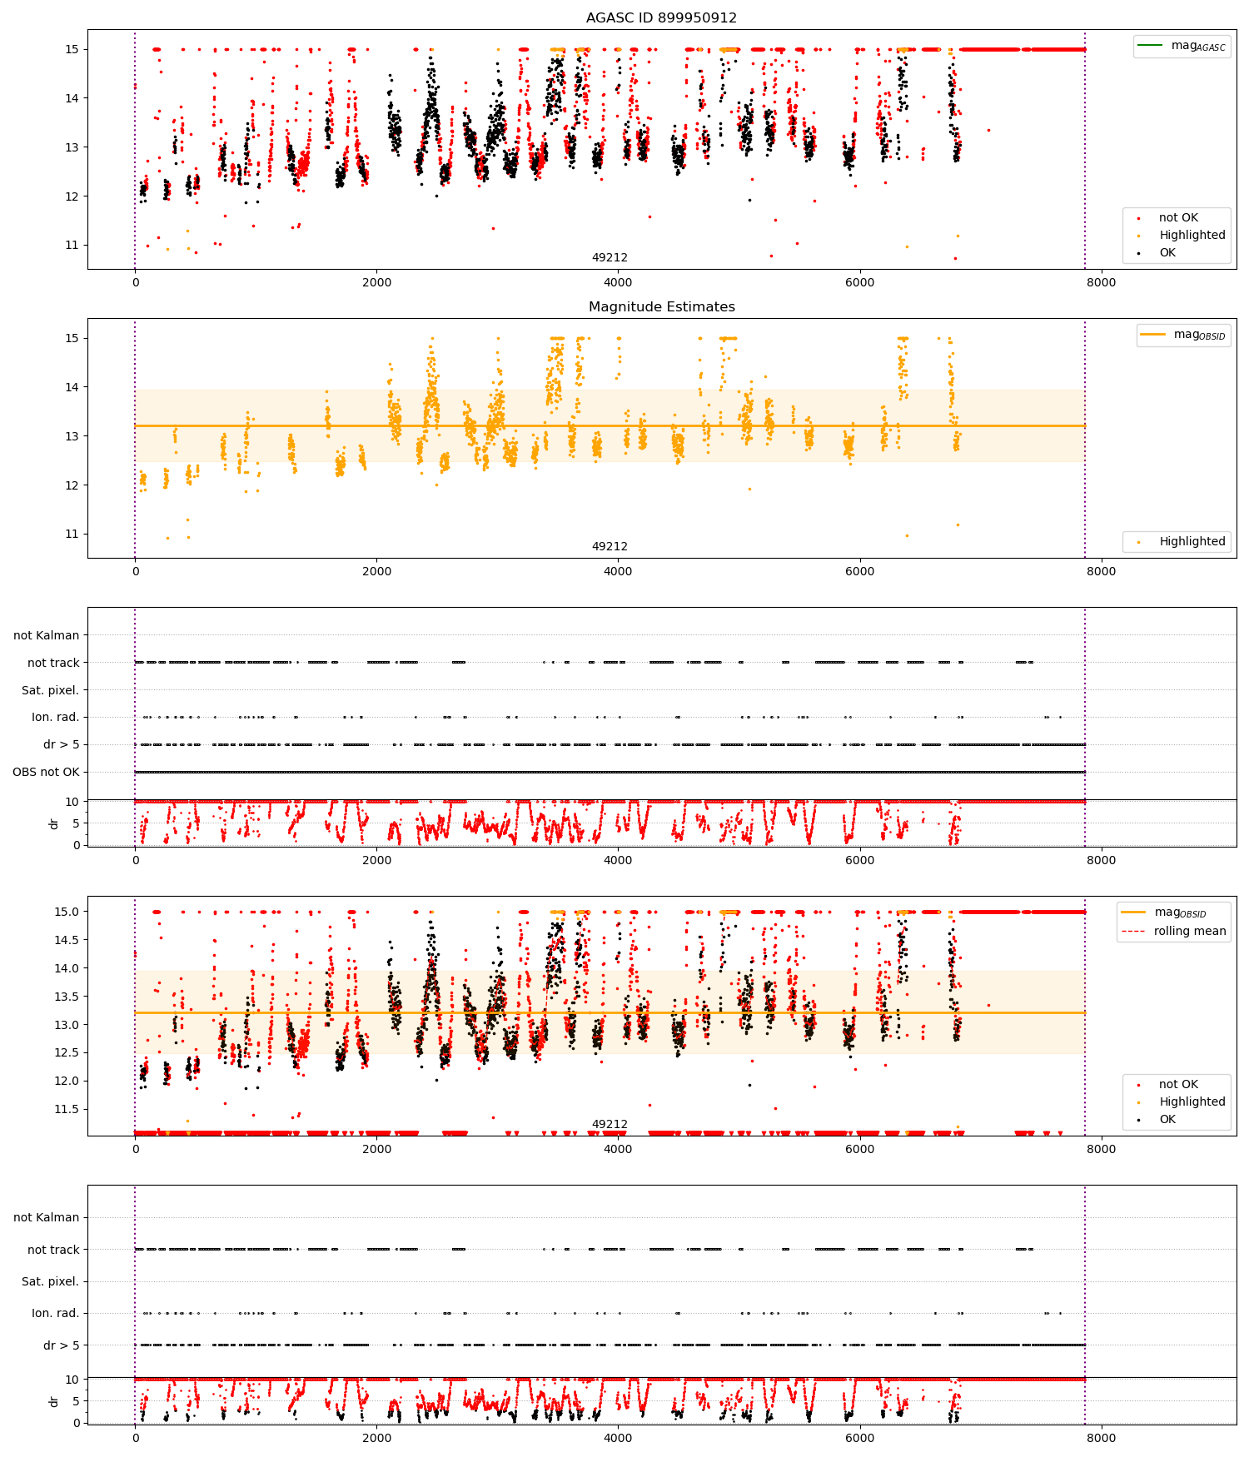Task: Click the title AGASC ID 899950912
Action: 661,17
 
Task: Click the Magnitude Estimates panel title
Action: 661,306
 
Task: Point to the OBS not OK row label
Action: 46,772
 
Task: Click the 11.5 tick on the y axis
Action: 67,1109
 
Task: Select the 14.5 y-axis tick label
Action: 67,940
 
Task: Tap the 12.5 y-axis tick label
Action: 67,1052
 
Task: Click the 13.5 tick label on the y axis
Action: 67,997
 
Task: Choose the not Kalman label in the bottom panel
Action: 46,1217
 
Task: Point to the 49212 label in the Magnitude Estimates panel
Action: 610,546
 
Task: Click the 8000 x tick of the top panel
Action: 1101,282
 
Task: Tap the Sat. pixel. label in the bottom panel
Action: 50,1281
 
